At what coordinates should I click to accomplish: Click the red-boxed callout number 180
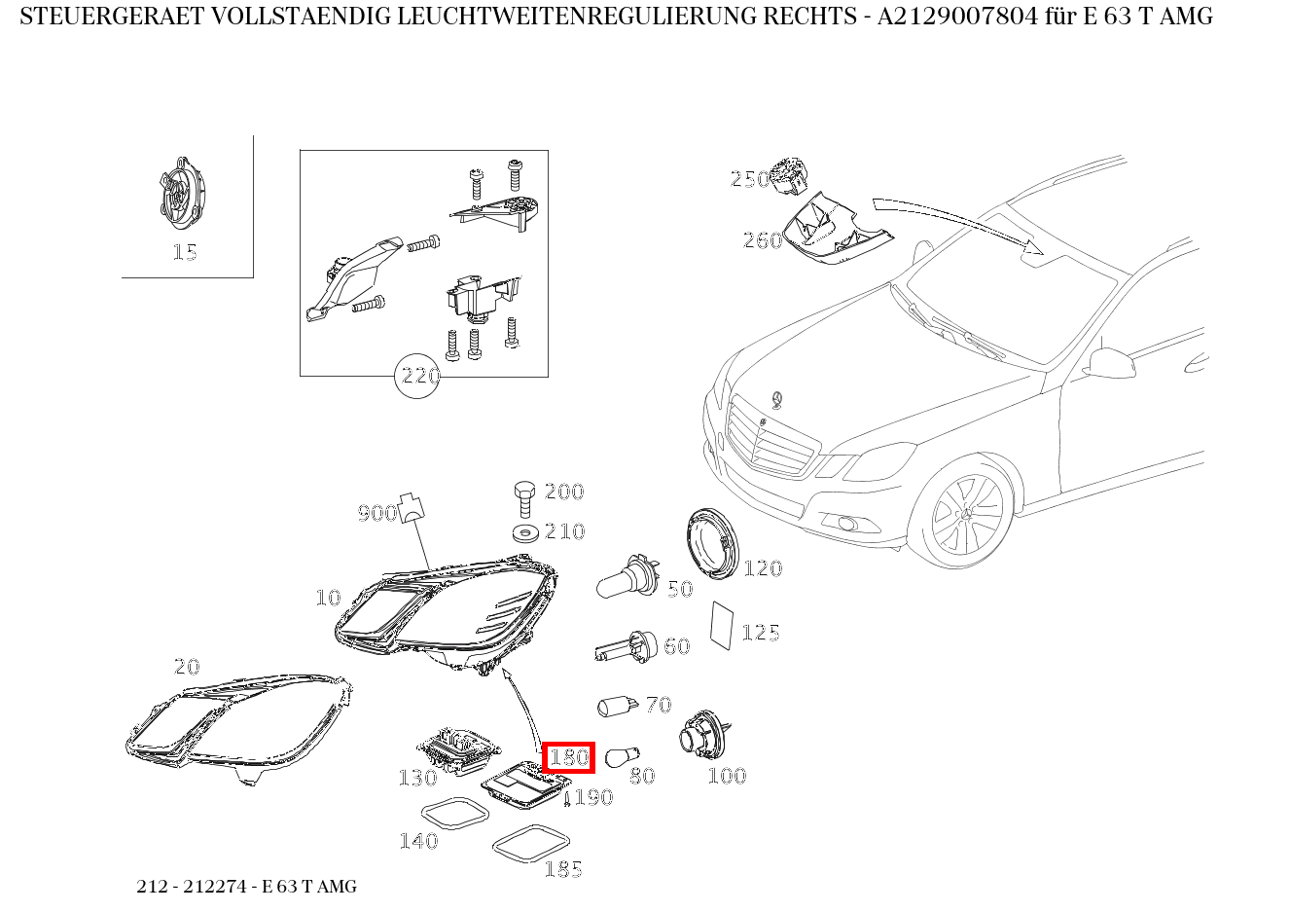coord(569,757)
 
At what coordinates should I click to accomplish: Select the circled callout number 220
coord(418,375)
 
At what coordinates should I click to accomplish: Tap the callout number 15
coord(184,252)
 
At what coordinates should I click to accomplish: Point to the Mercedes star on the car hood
coord(776,400)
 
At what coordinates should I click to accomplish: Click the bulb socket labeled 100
coord(704,736)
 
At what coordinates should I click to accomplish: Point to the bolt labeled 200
coord(523,497)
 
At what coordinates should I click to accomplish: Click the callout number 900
coord(376,513)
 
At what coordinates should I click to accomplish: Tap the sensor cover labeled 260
coord(836,232)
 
